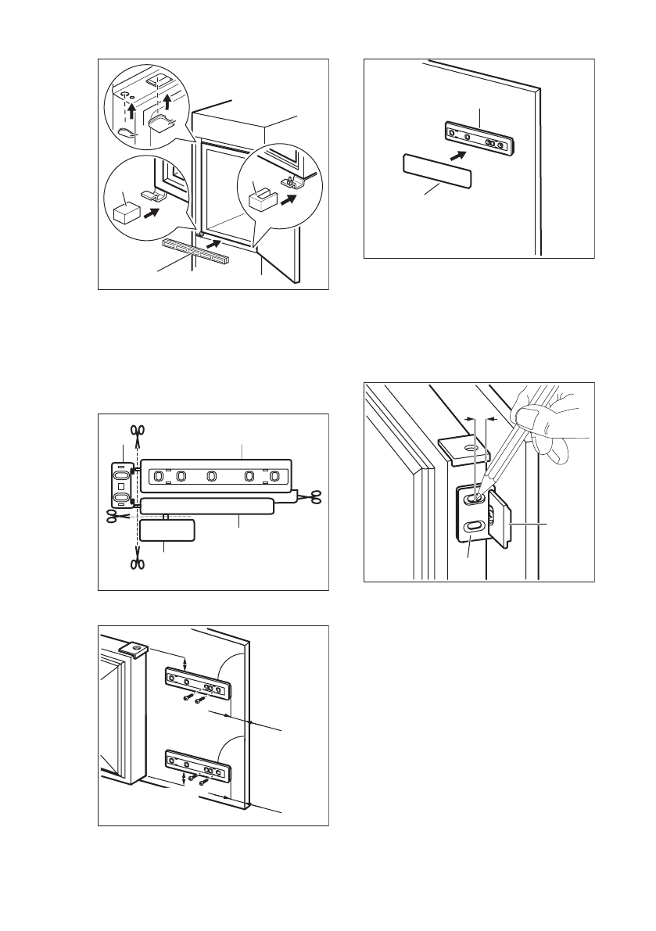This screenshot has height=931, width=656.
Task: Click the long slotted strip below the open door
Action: pos(195,251)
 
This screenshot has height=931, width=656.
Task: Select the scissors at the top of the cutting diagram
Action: pos(138,430)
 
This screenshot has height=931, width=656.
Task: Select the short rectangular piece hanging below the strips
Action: pos(167,532)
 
